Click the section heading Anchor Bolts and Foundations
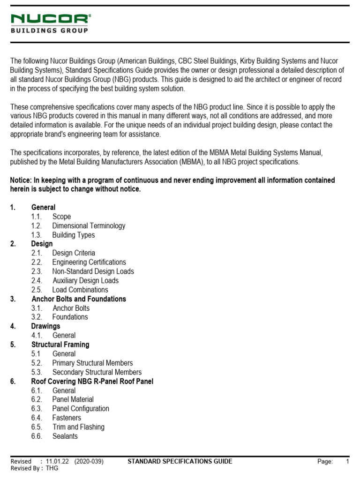79,299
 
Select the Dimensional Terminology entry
89,226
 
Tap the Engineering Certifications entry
89,262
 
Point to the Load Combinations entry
80,290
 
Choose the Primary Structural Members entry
92,363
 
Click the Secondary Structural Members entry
97,372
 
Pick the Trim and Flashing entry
78,427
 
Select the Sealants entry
65,436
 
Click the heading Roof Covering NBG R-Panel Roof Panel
92,382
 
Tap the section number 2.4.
37,281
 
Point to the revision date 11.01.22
57,462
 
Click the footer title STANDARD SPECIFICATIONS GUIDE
180,462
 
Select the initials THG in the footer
52,468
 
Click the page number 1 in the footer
348,462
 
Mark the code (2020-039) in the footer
89,462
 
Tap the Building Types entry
73,235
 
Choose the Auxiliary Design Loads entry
85,281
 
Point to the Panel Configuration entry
81,409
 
